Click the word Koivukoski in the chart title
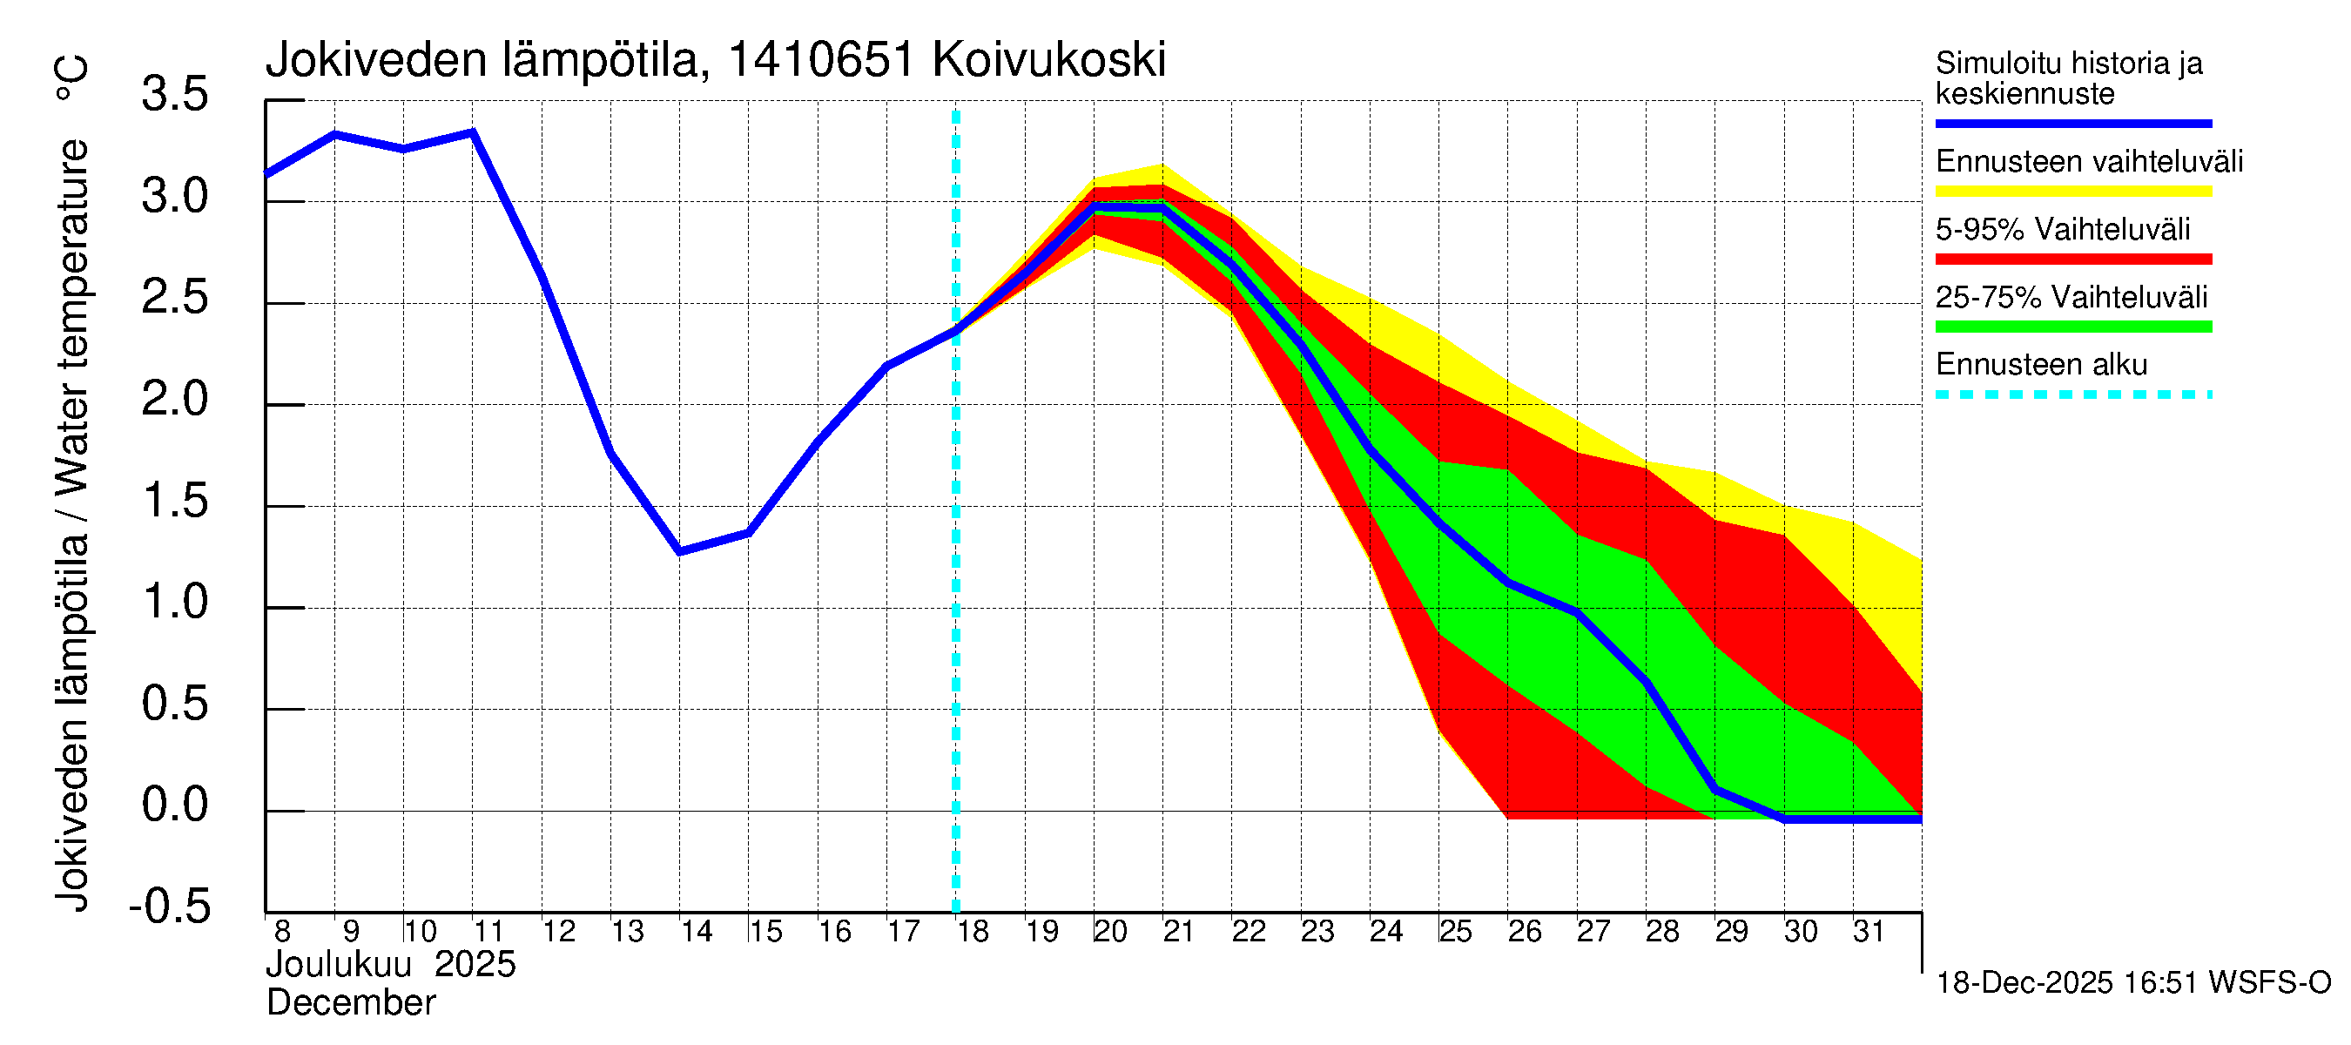pos(1048,60)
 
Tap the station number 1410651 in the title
pos(820,60)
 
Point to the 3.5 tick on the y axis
pos(175,95)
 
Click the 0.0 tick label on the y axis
pos(175,805)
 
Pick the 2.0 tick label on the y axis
pos(175,400)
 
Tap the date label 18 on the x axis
pos(973,932)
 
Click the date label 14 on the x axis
pos(697,932)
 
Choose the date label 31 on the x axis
pos(1869,932)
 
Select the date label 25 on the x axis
pos(1456,932)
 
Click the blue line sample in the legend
pos(2072,123)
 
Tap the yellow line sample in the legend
pos(2072,192)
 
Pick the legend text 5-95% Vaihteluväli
pos(2062,229)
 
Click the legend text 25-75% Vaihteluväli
pos(2071,297)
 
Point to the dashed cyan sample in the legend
pos(2072,395)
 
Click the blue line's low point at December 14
pos(680,552)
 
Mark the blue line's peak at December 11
pos(473,132)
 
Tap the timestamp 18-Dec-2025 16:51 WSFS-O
pos(2132,983)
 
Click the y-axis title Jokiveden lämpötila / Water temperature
pos(73,525)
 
